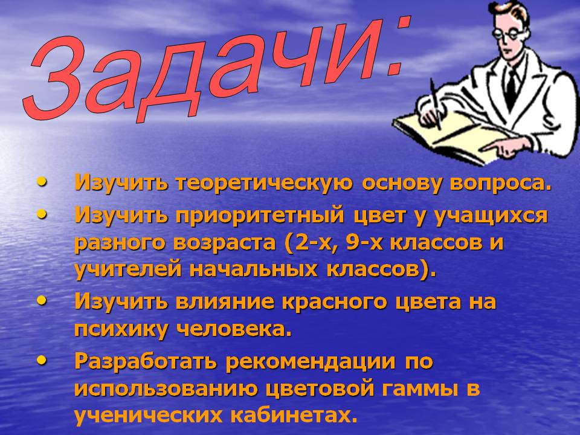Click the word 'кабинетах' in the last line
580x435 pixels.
(x=290, y=415)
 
